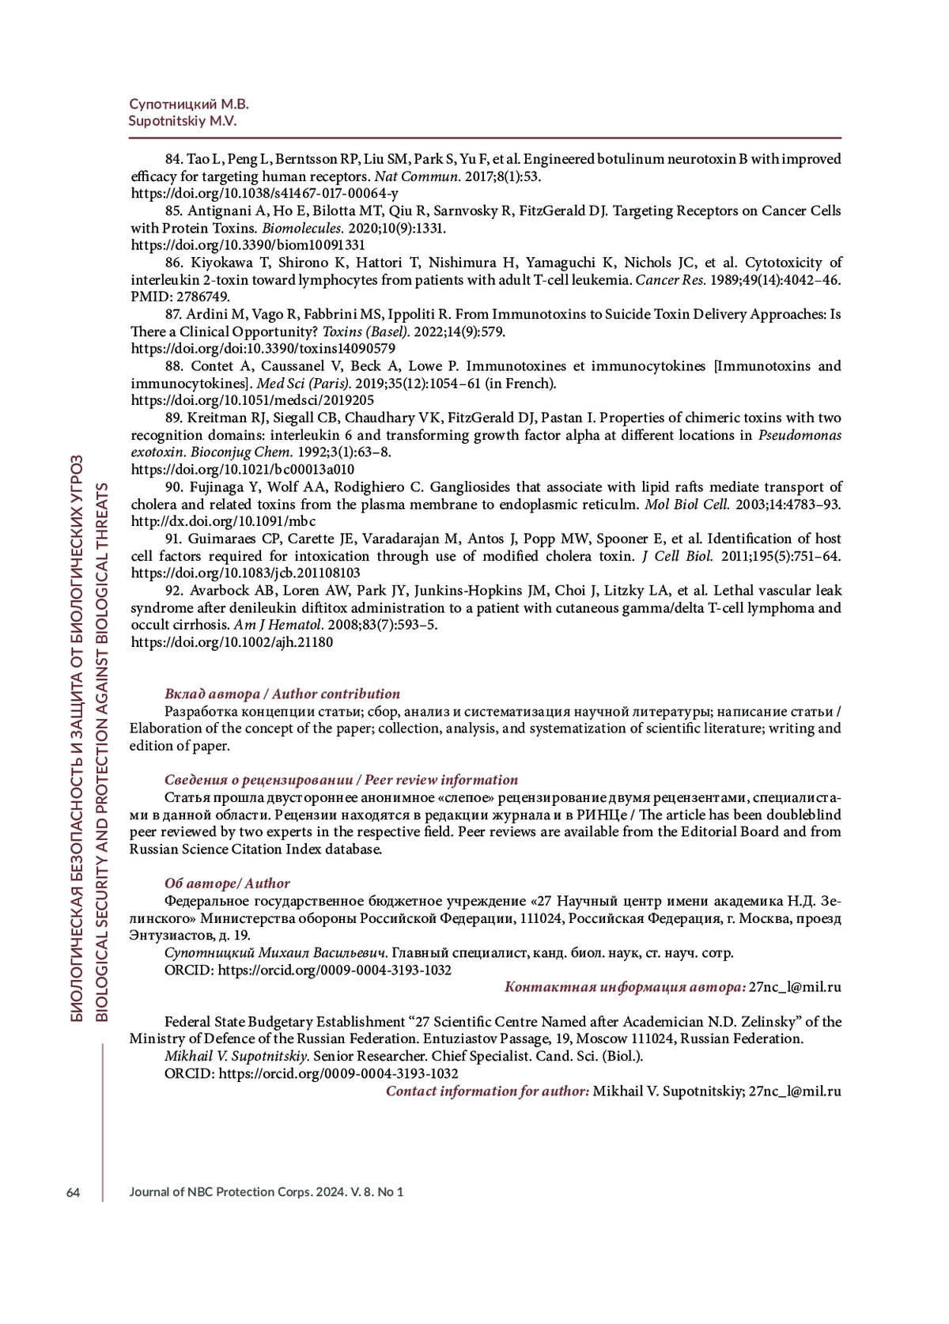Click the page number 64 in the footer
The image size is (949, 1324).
click(73, 1192)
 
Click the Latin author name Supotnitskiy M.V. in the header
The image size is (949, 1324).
click(183, 122)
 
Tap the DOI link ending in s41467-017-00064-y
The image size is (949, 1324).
click(264, 194)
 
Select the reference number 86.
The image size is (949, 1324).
click(174, 263)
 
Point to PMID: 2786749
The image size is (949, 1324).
click(180, 297)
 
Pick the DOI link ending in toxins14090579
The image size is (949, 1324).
click(263, 349)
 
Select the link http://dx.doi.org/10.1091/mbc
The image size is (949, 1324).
click(223, 521)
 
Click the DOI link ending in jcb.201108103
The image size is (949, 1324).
click(245, 573)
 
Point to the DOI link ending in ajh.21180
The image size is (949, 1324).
click(231, 642)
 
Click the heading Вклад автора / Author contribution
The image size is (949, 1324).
click(282, 694)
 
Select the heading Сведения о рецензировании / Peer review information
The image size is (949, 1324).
click(341, 780)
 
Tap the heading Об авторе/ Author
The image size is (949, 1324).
click(227, 883)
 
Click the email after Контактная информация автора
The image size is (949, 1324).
click(795, 987)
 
